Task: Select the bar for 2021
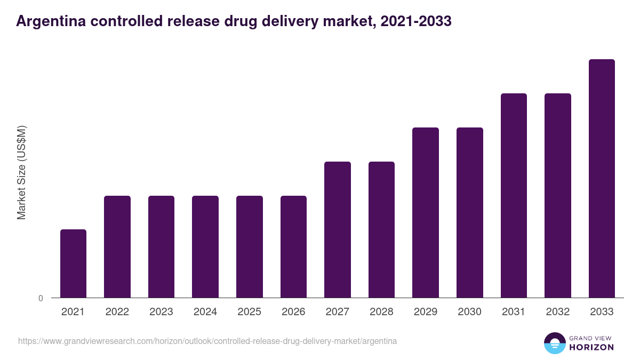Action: [73, 263]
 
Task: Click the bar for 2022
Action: [117, 246]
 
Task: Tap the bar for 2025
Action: [250, 246]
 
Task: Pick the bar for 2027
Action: [338, 229]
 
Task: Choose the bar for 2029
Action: [426, 212]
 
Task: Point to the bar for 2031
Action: [514, 195]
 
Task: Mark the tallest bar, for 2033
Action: [602, 178]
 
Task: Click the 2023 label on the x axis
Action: [161, 312]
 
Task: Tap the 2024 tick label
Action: [205, 312]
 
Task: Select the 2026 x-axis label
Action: [293, 312]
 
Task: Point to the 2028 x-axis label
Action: [381, 312]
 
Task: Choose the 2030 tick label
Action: [470, 312]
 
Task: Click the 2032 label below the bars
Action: [558, 312]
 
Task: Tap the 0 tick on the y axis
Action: [41, 299]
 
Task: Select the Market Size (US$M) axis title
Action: [21, 172]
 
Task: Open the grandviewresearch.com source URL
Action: [207, 341]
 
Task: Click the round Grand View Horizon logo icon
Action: [555, 343]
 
